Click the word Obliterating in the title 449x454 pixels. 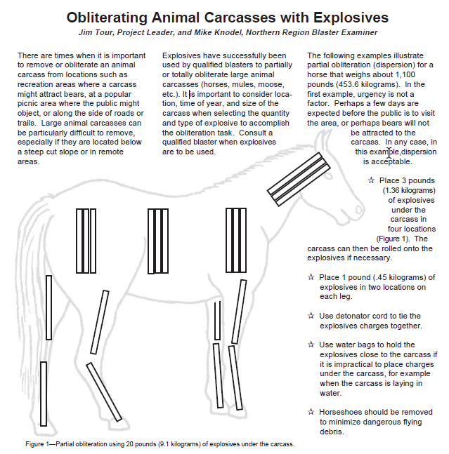tap(107, 18)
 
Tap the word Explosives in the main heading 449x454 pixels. tap(351, 18)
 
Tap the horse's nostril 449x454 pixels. tap(358, 209)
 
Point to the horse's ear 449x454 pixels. tap(321, 142)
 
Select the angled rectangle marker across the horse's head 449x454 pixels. tap(299, 179)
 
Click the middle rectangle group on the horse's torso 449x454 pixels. tap(158, 241)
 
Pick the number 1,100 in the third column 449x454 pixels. tap(405, 74)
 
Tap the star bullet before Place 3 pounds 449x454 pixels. tap(371, 180)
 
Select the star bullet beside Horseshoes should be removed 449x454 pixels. tap(311, 412)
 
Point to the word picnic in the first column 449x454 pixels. tap(28, 104)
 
